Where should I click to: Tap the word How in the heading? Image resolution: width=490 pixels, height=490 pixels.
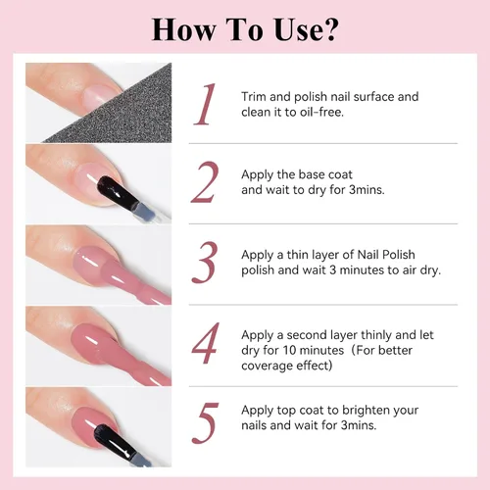(184, 29)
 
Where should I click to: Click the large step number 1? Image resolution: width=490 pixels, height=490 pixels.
(205, 104)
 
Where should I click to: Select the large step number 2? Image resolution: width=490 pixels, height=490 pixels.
(205, 182)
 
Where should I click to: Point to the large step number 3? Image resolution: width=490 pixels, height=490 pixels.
(205, 263)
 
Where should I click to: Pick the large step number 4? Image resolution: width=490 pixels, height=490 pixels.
(205, 343)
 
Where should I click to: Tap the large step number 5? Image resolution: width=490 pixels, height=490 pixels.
(205, 423)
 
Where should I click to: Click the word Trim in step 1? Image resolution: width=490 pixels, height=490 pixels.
(254, 97)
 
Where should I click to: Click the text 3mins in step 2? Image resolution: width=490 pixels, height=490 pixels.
(367, 189)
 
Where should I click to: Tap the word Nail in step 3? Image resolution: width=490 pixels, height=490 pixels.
(368, 255)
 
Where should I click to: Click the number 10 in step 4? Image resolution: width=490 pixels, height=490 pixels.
(289, 350)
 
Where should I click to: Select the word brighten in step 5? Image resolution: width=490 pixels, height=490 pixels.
(361, 411)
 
